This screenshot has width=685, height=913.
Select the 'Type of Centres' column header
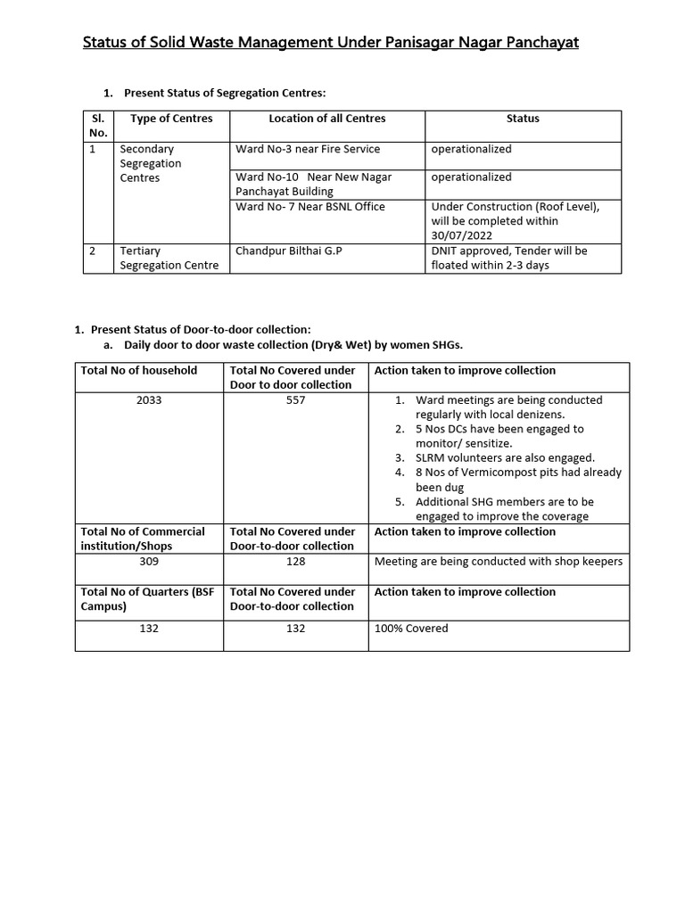click(x=171, y=119)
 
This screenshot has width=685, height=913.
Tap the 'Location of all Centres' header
click(x=327, y=119)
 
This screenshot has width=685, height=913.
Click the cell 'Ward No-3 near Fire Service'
click(x=308, y=149)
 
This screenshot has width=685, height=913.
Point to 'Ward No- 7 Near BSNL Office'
click(x=310, y=207)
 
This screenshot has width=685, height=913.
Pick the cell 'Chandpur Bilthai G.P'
click(x=289, y=251)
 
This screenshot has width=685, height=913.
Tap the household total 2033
click(x=149, y=400)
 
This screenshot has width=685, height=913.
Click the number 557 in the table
click(x=296, y=400)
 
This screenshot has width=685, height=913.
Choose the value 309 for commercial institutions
click(x=149, y=562)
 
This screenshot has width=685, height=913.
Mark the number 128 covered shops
click(x=296, y=562)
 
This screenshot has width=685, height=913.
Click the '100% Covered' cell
click(x=411, y=629)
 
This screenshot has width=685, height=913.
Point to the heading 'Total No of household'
click(x=139, y=370)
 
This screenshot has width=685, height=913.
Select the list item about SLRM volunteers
click(x=504, y=457)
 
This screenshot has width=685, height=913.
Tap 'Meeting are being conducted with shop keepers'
click(x=499, y=562)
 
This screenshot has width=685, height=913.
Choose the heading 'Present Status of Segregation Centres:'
click(x=225, y=93)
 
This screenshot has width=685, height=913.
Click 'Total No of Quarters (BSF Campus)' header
click(x=148, y=599)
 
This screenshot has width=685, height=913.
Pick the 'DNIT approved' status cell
click(x=509, y=258)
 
